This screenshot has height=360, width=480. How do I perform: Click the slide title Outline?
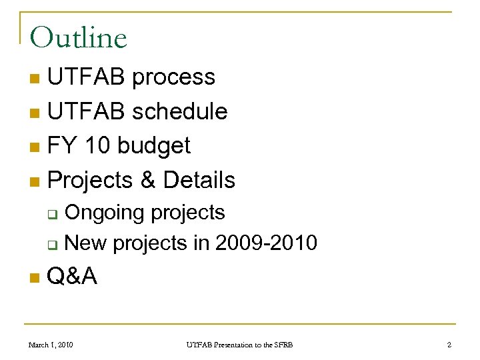[x=78, y=38]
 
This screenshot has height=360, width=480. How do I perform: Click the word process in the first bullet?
[x=173, y=78]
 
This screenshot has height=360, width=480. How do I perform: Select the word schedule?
[x=179, y=111]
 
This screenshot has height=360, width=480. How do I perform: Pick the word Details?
[x=199, y=179]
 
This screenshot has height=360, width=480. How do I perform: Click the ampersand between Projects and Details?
[x=145, y=179]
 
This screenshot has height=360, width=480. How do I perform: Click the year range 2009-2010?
[x=266, y=244]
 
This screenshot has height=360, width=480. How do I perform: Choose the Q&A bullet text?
[x=73, y=275]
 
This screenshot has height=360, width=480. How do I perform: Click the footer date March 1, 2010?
[x=50, y=345]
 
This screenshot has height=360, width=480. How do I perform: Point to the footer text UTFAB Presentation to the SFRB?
[x=239, y=345]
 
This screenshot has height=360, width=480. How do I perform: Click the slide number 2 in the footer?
[x=449, y=345]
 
